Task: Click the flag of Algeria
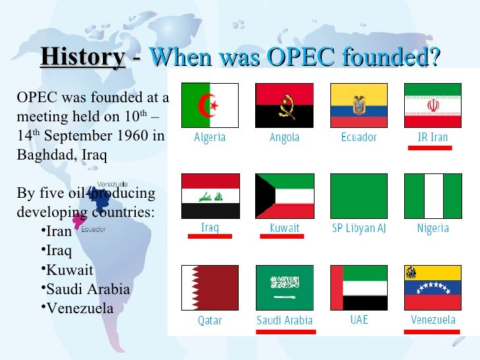point(210,105)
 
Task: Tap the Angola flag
point(284,105)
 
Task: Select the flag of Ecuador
point(359,105)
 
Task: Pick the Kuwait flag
point(284,196)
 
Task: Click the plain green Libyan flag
point(359,196)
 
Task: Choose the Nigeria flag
point(433,196)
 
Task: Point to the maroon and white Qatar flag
point(210,287)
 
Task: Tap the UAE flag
point(359,287)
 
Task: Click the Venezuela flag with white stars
point(433,287)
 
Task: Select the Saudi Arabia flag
point(284,287)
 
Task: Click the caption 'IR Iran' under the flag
point(433,138)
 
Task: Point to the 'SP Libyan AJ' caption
point(359,229)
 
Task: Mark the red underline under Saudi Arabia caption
point(284,330)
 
